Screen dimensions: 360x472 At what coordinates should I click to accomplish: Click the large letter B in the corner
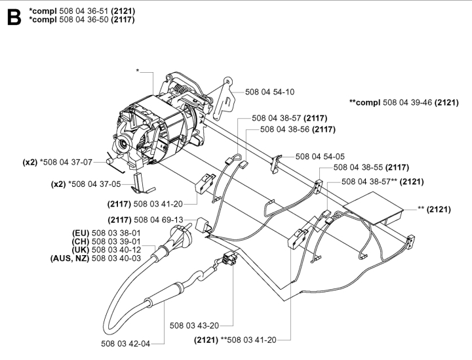click(x=12, y=17)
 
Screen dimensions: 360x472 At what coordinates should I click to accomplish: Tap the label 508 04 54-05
click(x=320, y=157)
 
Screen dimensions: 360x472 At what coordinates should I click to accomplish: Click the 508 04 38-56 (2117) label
click(x=297, y=129)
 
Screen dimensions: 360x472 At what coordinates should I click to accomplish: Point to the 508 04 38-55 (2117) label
click(x=371, y=168)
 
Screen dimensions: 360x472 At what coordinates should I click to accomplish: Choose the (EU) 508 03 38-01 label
click(x=106, y=233)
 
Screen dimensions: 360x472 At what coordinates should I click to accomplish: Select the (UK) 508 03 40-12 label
click(x=106, y=250)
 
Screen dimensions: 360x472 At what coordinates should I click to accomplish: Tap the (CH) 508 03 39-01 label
click(x=106, y=241)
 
